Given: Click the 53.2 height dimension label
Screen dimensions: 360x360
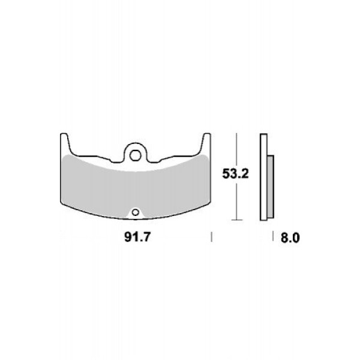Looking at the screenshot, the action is pyautogui.click(x=235, y=174).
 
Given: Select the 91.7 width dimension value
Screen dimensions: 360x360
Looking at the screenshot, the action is pyautogui.click(x=137, y=237).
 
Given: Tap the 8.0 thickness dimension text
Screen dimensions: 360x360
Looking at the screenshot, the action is pyautogui.click(x=290, y=238).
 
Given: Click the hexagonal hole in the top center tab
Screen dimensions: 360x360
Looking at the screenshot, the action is pyautogui.click(x=135, y=155).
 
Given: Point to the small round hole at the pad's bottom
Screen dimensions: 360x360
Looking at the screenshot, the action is pyautogui.click(x=136, y=212).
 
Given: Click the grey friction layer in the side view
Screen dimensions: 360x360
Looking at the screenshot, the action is pyautogui.click(x=271, y=187).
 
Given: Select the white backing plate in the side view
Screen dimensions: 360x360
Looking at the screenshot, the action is pyautogui.click(x=263, y=177).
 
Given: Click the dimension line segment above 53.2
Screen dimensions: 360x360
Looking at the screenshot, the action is pyautogui.click(x=236, y=150).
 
